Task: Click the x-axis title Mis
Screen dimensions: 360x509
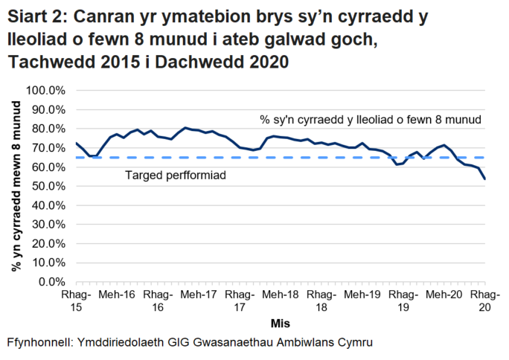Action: [x=280, y=324]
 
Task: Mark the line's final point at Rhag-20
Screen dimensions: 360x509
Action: [x=484, y=179]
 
